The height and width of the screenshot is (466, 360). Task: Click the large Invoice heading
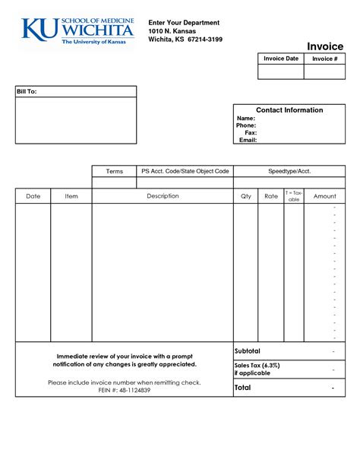tap(325, 46)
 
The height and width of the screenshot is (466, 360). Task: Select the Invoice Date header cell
tap(281, 59)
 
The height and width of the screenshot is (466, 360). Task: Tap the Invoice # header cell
tap(325, 59)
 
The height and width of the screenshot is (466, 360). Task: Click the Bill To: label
tap(27, 91)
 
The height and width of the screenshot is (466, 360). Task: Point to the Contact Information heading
tap(289, 110)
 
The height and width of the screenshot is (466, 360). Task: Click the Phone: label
tap(246, 125)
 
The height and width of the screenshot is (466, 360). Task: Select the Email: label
tap(248, 140)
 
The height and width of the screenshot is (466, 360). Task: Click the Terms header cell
tap(114, 172)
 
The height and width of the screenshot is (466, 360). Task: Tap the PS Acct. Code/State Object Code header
tap(185, 172)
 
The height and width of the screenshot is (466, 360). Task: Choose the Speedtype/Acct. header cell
tap(289, 172)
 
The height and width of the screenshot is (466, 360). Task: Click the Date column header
tap(33, 196)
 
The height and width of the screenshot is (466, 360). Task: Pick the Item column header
tap(71, 196)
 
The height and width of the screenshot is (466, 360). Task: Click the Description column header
tap(163, 196)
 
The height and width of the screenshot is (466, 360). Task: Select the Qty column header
tap(245, 196)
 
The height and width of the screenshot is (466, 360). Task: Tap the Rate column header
tap(271, 196)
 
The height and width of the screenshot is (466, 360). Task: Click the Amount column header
tap(325, 196)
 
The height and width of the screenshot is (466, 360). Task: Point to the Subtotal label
tap(248, 351)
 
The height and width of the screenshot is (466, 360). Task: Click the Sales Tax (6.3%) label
tap(257, 365)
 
